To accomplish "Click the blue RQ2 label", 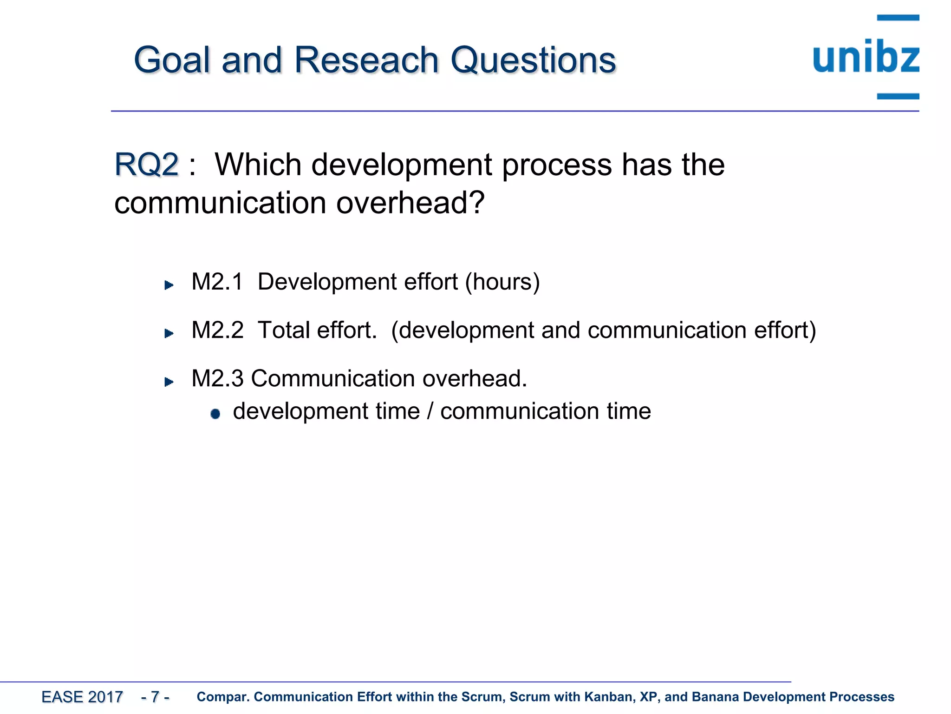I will [x=146, y=165].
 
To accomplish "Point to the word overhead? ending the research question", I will [x=410, y=203].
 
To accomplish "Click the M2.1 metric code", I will [x=217, y=282].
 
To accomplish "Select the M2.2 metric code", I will [x=217, y=330].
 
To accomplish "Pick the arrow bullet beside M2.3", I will [x=169, y=382].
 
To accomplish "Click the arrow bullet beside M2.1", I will [x=169, y=285].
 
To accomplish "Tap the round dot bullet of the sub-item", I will [x=215, y=414].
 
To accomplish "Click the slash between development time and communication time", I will [x=430, y=411].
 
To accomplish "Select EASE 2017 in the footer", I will [x=82, y=697].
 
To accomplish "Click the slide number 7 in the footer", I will [x=155, y=697].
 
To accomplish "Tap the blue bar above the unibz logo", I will [x=898, y=18].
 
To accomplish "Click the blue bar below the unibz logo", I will [x=898, y=96].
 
